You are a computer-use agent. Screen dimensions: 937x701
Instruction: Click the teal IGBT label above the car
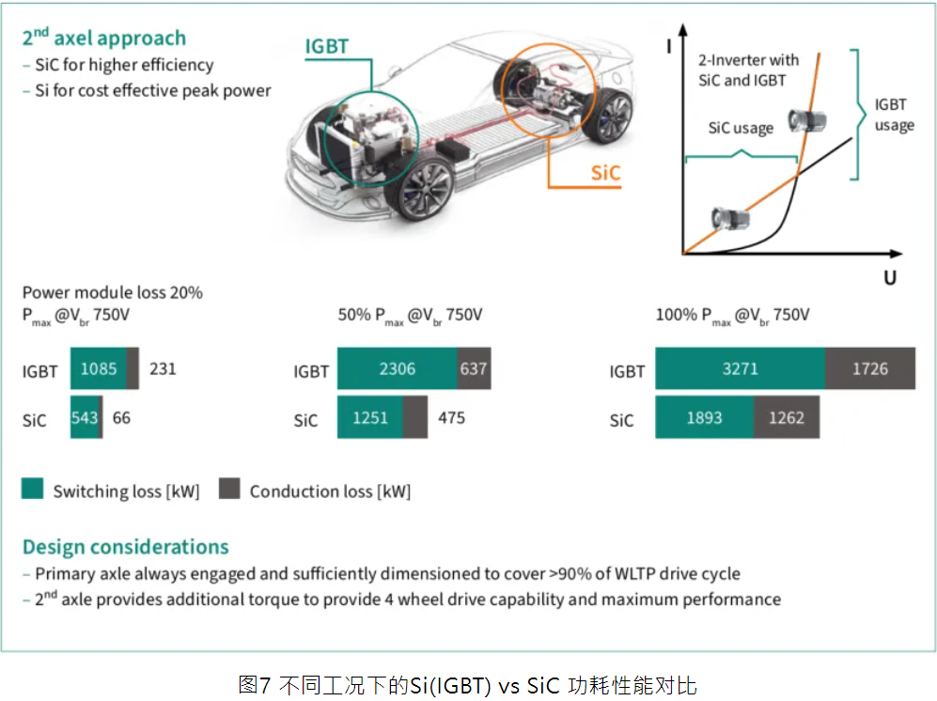tap(326, 46)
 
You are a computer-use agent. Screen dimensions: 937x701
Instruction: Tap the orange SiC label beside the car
tap(605, 173)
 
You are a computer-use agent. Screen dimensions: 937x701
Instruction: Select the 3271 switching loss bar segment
tap(740, 368)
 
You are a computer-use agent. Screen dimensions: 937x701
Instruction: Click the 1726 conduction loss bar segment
tap(870, 368)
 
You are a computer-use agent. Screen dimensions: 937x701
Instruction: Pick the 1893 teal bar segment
tap(705, 417)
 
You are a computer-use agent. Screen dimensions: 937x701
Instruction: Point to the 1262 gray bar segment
tap(787, 417)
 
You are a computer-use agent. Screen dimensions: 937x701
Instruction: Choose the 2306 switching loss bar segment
tap(397, 368)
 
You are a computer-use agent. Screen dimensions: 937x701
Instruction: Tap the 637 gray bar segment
tap(474, 368)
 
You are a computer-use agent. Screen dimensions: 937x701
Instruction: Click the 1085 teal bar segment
tap(99, 368)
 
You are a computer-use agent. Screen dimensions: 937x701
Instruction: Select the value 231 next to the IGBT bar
tap(163, 368)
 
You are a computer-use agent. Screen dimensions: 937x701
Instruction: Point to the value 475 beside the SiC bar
tap(451, 418)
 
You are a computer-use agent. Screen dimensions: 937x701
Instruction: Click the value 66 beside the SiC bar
tap(121, 418)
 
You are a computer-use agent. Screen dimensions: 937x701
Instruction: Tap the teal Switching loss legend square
tap(32, 489)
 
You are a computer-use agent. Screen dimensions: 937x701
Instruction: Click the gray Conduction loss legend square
tap(229, 489)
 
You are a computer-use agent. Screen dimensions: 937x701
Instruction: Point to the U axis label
tap(890, 278)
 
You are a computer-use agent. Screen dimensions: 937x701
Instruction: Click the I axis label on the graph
tap(669, 46)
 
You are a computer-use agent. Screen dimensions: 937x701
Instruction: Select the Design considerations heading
tap(126, 547)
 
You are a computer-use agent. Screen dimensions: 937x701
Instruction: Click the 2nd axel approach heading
tap(104, 38)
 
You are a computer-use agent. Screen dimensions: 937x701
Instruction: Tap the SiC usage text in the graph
tap(741, 128)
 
